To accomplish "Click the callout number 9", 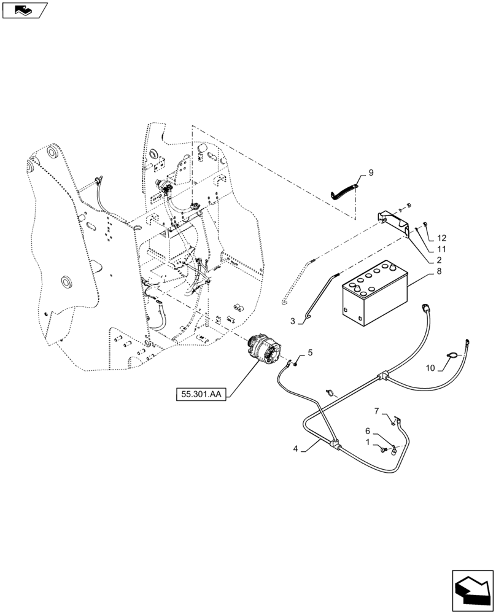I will point(371,173).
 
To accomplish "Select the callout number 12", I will point(442,238).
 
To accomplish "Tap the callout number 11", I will point(441,249).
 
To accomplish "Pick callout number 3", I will point(293,321).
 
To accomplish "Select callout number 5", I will point(310,352).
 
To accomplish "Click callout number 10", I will point(430,367).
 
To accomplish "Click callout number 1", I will point(367,442).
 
